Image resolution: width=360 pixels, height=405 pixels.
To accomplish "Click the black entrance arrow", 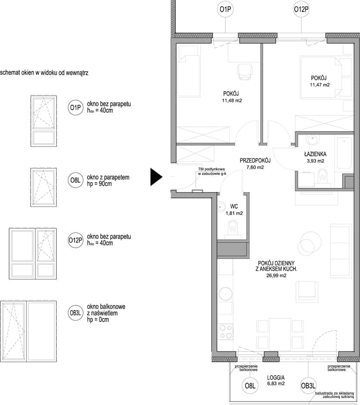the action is click(156, 177).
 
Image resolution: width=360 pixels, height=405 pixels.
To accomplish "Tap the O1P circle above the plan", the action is click(225, 9).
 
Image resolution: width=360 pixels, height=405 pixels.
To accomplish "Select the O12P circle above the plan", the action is click(301, 9).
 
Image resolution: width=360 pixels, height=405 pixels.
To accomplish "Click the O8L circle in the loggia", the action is click(250, 386).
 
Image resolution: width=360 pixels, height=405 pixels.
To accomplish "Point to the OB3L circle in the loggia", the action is click(308, 386).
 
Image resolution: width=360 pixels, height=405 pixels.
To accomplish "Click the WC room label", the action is click(234, 206).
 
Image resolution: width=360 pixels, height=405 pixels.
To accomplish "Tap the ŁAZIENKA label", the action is click(315, 154).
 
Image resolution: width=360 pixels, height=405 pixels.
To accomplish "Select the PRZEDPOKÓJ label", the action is click(255, 161).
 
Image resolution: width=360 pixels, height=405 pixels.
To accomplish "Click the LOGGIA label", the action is click(276, 378).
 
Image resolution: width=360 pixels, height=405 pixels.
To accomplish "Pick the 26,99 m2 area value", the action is click(276, 275).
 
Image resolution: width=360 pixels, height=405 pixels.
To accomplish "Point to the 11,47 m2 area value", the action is click(320, 85).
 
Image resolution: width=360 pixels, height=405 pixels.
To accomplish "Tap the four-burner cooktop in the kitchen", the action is click(226, 332).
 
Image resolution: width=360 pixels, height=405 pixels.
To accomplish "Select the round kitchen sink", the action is click(225, 294).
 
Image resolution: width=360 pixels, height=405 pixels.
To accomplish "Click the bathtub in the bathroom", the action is click(343, 153).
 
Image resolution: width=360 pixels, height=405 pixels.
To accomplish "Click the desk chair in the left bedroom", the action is click(244, 71).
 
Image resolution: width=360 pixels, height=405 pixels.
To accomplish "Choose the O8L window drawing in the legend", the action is click(44, 187).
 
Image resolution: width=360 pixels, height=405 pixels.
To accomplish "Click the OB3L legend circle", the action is click(75, 313).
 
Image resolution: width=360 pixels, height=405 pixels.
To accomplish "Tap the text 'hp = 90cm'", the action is click(99, 184).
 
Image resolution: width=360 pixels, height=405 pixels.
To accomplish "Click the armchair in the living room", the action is click(307, 291).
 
